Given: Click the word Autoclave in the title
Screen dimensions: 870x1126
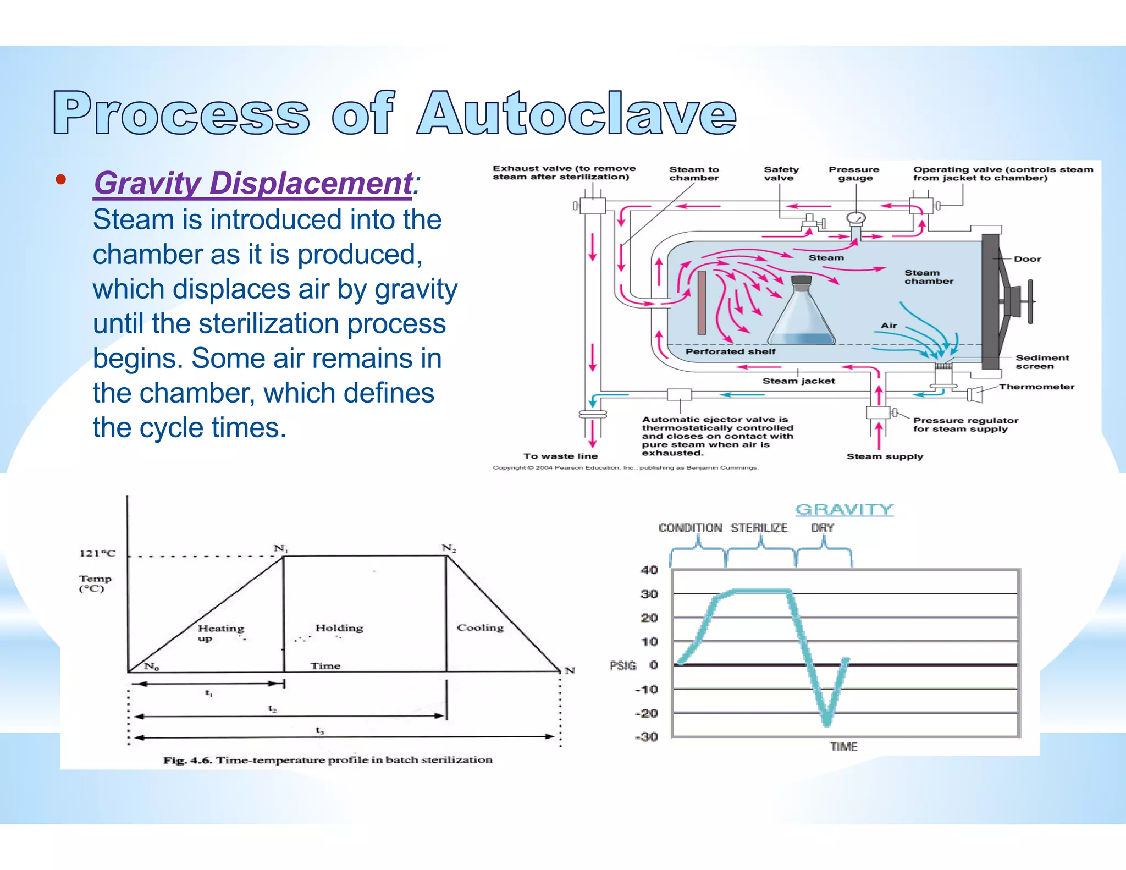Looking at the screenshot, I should click(576, 113).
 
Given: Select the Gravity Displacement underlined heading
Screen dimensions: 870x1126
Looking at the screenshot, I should click(253, 183).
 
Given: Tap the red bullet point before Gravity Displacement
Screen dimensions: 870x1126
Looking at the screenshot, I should click(60, 179).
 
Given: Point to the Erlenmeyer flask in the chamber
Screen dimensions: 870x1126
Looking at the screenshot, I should click(801, 313).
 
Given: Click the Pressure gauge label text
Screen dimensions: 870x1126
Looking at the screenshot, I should click(854, 174).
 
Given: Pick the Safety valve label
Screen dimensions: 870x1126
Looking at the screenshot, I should click(781, 174).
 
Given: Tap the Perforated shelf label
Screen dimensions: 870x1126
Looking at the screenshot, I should click(730, 351).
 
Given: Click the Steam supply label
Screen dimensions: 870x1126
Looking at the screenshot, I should click(884, 456).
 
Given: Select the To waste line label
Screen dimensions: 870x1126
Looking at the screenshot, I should click(560, 456).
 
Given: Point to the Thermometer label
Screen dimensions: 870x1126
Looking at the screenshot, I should click(1036, 387).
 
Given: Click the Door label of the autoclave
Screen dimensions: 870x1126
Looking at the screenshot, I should click(1027, 259).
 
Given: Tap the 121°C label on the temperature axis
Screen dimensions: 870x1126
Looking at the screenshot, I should click(97, 553).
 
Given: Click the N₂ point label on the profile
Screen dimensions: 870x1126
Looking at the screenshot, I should click(449, 548).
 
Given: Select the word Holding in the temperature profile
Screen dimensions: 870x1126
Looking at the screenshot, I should click(339, 628).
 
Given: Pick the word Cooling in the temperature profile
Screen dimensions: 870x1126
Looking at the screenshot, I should click(480, 627).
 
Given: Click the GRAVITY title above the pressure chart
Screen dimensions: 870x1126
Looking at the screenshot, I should click(844, 510).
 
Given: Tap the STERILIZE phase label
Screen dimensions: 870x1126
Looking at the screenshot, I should click(759, 528).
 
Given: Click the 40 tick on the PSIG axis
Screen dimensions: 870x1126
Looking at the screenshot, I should click(649, 570).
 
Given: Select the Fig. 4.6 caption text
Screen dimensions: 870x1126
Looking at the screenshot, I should click(328, 760).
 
